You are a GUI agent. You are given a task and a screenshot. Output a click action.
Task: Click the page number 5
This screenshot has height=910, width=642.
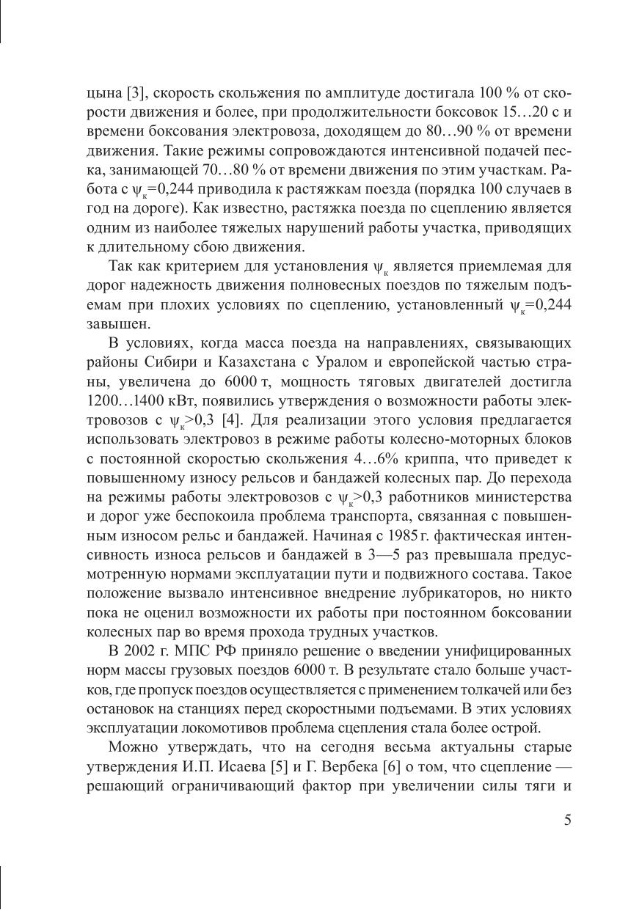[x=567, y=820]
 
